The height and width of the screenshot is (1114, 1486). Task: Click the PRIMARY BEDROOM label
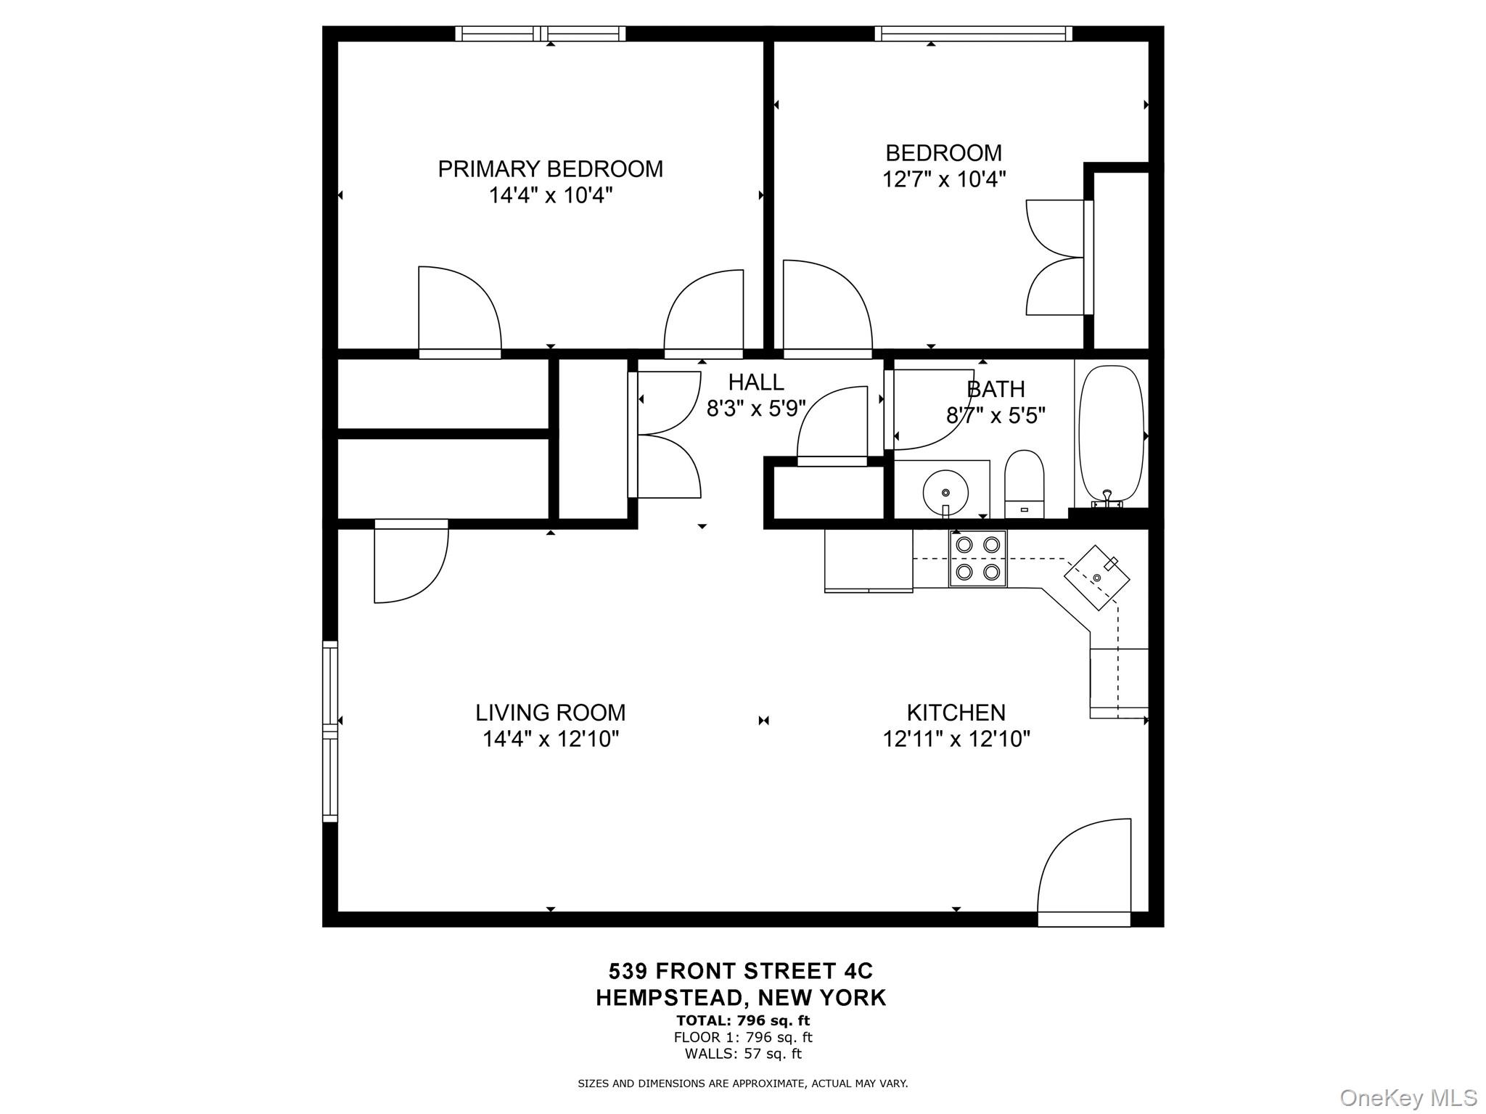tap(550, 169)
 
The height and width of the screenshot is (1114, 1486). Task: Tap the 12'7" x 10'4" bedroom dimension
tap(943, 179)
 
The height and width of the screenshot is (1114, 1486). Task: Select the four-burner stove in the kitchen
tap(977, 559)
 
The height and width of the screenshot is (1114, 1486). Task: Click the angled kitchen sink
tap(1097, 577)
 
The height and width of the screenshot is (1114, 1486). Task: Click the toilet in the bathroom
tap(1024, 483)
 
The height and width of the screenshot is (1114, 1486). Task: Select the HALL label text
tap(755, 382)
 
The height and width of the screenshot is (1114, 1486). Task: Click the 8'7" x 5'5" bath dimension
tap(996, 416)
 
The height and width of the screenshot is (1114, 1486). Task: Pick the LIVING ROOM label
tap(550, 713)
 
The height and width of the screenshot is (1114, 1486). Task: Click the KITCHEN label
tap(956, 713)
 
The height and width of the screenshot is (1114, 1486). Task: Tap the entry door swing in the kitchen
tap(1084, 871)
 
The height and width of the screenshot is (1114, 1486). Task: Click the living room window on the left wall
tap(330, 731)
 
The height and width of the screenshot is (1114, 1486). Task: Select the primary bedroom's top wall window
tap(541, 33)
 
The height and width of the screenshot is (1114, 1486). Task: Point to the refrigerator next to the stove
tap(869, 560)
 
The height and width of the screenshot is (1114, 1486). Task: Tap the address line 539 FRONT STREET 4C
tap(741, 971)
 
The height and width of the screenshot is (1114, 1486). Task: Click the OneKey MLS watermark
tap(1408, 1097)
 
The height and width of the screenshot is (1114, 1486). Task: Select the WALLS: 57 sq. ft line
tap(742, 1053)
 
